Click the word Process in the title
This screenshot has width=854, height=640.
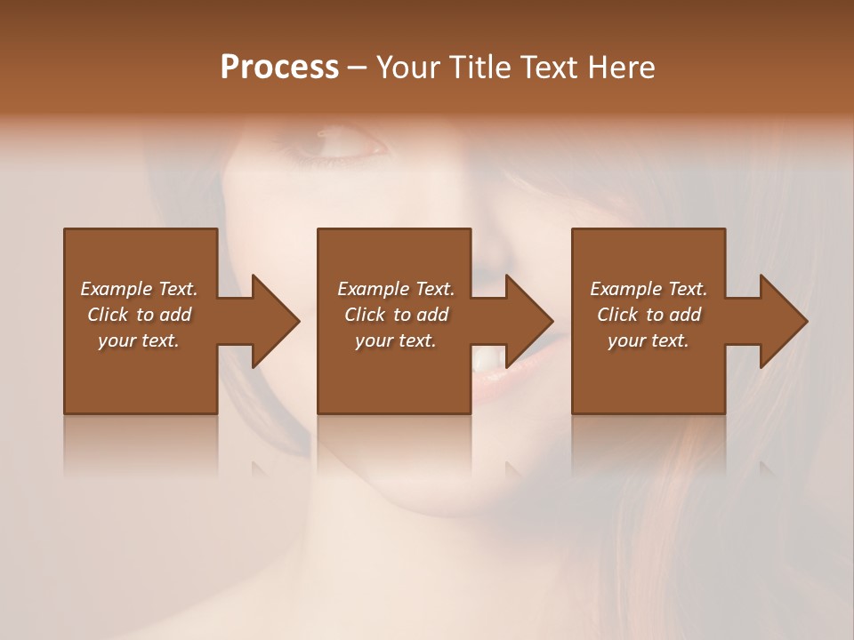coord(279,68)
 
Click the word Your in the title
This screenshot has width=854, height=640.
coord(408,68)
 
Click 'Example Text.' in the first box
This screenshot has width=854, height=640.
coord(139,289)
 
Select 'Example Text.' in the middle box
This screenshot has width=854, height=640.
coord(396,289)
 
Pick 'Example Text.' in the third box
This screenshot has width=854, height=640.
coord(649,289)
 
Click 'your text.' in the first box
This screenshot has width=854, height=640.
coord(139,340)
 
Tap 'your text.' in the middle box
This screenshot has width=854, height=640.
coord(396,340)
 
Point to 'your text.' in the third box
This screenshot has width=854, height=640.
coord(649,340)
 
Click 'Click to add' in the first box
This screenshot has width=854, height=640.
coord(139,315)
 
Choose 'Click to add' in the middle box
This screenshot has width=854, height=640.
coord(396,315)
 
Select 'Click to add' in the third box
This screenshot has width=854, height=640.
coord(649,315)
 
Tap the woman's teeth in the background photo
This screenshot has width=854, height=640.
coord(485,358)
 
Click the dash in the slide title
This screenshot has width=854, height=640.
coord(358,68)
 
